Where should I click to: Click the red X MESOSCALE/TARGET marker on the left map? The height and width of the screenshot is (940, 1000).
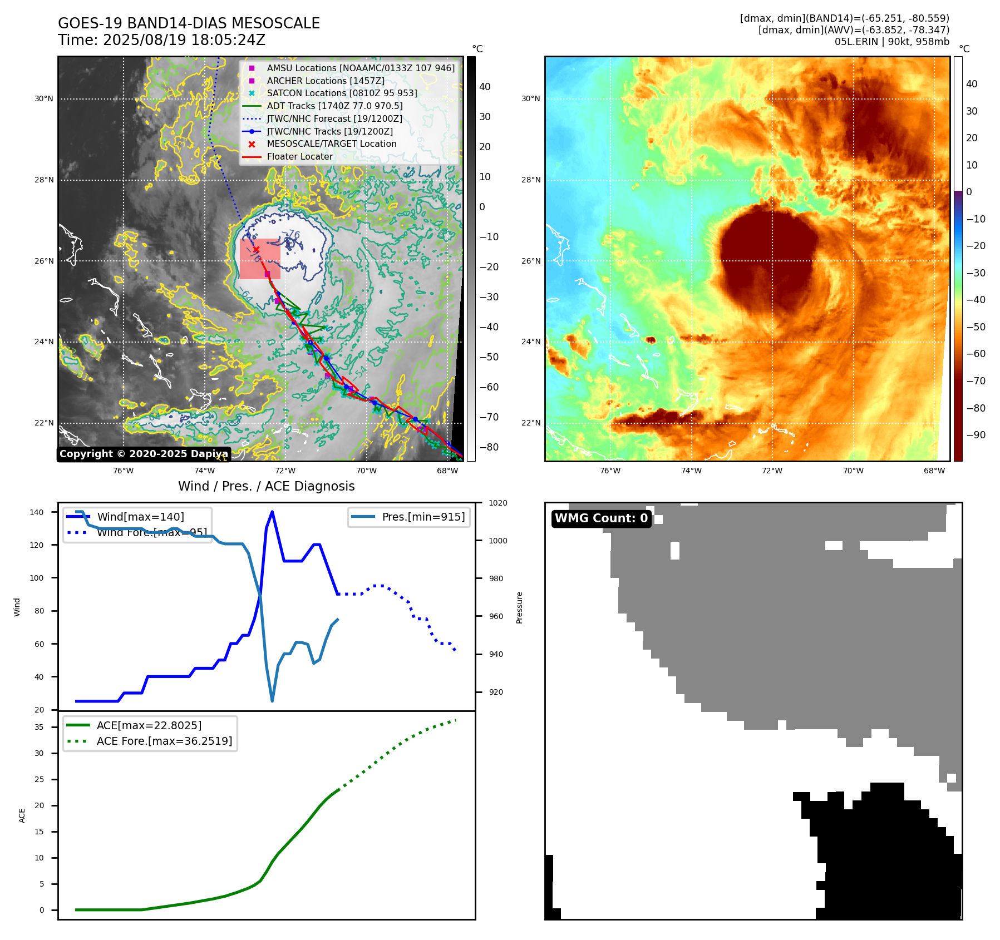[256, 250]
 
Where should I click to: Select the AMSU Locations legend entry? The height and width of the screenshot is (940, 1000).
[360, 68]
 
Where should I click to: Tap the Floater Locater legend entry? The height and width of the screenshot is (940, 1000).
[299, 157]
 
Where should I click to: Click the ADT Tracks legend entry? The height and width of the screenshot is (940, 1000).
[334, 106]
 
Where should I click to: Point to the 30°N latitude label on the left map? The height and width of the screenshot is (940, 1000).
[44, 99]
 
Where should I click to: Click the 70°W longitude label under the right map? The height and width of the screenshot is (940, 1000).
[853, 471]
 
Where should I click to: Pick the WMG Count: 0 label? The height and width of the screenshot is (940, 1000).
[601, 518]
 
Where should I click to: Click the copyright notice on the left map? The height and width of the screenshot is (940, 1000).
[144, 454]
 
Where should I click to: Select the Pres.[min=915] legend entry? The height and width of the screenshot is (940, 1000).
[423, 517]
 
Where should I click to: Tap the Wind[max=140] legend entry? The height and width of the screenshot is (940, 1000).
[140, 517]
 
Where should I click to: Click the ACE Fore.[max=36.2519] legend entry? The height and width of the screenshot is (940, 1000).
[164, 741]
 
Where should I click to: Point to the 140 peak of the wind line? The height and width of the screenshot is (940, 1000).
[272, 512]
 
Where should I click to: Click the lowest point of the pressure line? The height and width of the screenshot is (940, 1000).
[272, 701]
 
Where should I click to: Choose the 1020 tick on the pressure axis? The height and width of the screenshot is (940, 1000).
[497, 503]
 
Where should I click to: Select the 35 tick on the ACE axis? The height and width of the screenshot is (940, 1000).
[39, 727]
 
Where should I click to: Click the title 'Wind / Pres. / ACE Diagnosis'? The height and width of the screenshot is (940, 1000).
[266, 486]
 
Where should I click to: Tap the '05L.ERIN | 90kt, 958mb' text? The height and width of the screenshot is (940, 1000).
[891, 42]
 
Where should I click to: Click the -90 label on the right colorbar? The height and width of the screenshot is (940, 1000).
[976, 435]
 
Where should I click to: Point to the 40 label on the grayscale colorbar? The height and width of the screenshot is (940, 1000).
[485, 87]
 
